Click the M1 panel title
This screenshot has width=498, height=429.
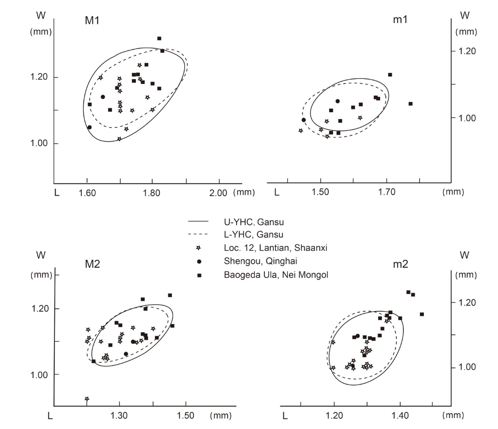coord(92,21)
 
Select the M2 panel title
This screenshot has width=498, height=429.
coord(92,263)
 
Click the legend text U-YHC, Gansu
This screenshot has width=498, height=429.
coord(254,222)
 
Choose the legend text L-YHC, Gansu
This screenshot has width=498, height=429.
coord(253,235)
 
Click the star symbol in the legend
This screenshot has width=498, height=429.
coord(198,248)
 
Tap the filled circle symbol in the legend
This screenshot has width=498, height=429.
coord(198,261)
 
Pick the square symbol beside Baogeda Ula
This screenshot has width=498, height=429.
coord(198,275)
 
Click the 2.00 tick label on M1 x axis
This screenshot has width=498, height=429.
coord(217,193)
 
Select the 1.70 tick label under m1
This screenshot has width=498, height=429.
coord(387,193)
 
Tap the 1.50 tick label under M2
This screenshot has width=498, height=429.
coord(185,415)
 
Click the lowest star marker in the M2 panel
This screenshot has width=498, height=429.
coord(87,399)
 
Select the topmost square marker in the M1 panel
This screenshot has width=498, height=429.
coord(159,39)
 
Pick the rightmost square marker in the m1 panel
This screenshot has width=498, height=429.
coord(410,104)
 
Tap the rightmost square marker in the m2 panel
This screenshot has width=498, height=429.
coord(422,314)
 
